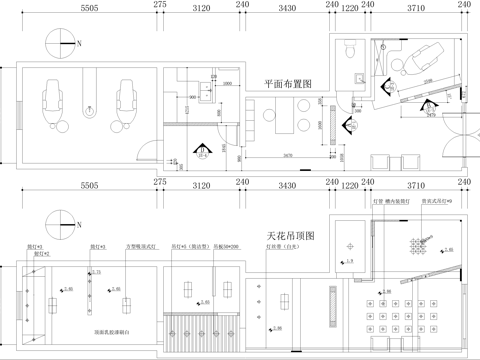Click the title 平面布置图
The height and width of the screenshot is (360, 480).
288,84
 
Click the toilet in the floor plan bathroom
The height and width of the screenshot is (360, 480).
346,49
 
